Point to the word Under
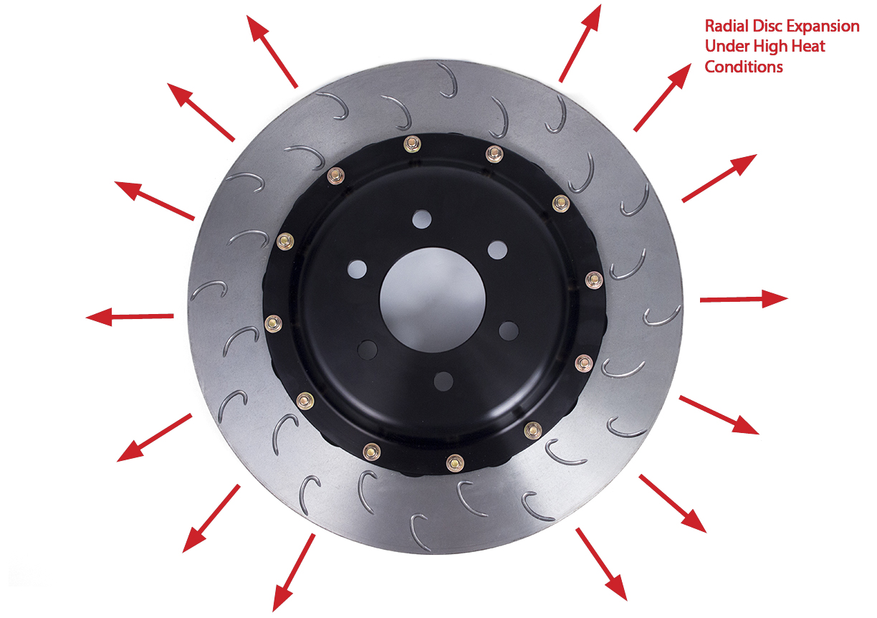click(727, 47)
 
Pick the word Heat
click(810, 47)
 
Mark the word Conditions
click(744, 67)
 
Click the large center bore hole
click(433, 300)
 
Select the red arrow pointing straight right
click(744, 299)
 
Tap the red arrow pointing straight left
click(130, 316)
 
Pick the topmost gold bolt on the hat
click(412, 144)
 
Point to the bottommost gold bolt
click(455, 463)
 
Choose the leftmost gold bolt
click(273, 324)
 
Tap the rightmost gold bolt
click(594, 280)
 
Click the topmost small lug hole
click(422, 219)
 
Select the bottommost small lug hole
click(444, 381)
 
